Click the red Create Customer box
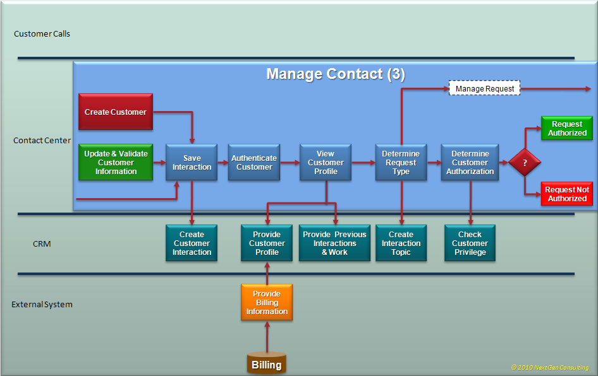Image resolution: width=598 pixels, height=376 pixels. tap(116, 112)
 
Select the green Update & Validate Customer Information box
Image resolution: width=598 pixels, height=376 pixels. tap(116, 163)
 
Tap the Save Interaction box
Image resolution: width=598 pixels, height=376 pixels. tap(192, 163)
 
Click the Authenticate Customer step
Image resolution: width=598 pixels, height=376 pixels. tap(254, 163)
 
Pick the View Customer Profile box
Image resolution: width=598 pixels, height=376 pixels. tap(326, 163)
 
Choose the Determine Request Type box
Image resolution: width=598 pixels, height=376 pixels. tap(401, 163)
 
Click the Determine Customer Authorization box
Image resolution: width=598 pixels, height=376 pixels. tap(470, 163)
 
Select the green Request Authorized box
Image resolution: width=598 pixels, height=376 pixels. tap(567, 129)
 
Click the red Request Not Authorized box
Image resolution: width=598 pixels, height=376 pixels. tap(567, 194)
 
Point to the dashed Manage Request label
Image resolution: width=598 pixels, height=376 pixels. tap(485, 89)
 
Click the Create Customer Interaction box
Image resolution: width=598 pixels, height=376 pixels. tap(192, 244)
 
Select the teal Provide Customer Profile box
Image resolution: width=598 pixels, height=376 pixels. tap(267, 244)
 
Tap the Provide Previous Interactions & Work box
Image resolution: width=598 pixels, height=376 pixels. tap(334, 244)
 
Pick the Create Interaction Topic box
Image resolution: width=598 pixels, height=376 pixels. tap(401, 244)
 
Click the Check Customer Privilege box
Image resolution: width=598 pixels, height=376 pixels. tap(470, 244)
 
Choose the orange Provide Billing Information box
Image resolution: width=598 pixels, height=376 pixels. tap(267, 303)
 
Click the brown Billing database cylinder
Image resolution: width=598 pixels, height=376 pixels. tap(267, 364)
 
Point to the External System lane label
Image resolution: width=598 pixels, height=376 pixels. tap(42, 305)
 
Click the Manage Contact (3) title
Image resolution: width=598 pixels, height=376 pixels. tap(335, 74)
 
